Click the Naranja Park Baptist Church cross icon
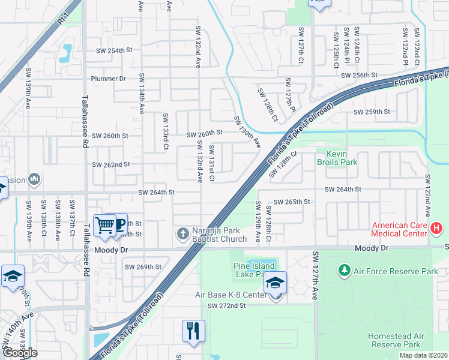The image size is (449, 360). pos(182,233)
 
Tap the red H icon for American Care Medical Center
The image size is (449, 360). pos(436,228)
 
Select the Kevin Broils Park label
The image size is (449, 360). pos(341,157)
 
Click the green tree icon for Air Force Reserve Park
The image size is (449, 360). pos(345,271)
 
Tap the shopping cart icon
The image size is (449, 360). pos(105,225)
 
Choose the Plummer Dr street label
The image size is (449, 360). pos(108,79)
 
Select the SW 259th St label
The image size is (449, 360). pos(372,112)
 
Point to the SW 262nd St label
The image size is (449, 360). pos(110,164)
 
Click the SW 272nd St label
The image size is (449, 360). pos(227,306)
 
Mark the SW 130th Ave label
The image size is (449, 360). pos(247,131)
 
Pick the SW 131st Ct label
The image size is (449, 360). pos(212,163)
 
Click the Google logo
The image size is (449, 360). pos(20,352)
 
